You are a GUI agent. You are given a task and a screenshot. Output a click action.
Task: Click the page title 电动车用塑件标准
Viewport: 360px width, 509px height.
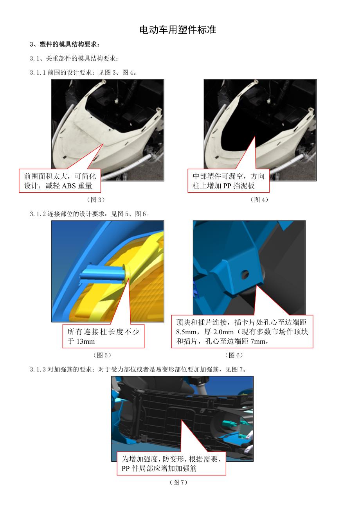(178, 30)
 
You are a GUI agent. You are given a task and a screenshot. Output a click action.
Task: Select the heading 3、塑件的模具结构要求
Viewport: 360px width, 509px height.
(65, 44)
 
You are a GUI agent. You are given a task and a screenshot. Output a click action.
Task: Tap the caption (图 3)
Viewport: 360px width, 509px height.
(96, 199)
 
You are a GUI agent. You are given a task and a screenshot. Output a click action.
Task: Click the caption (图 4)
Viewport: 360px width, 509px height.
(259, 199)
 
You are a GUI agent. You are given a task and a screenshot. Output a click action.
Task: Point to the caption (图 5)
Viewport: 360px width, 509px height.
(102, 355)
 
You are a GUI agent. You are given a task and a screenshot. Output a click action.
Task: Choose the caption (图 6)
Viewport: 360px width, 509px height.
(234, 355)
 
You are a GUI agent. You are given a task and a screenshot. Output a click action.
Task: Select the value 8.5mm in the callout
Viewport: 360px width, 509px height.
(186, 332)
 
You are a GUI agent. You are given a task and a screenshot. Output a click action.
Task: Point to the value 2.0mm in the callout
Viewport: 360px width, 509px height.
(223, 332)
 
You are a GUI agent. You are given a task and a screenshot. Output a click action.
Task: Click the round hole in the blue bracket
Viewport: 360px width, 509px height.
(245, 274)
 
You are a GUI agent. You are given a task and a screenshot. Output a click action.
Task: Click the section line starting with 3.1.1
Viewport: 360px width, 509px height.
(83, 72)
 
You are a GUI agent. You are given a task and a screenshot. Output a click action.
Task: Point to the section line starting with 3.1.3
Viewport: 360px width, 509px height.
(139, 369)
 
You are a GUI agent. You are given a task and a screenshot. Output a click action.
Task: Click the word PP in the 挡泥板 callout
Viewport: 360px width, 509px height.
(227, 186)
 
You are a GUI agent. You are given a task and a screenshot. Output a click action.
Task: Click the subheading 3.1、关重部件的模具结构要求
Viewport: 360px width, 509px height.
(74, 58)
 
